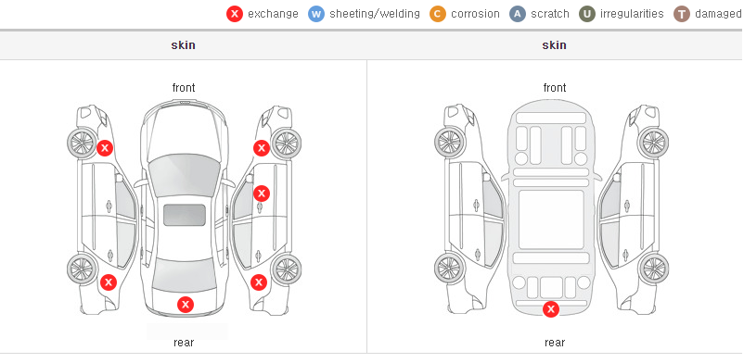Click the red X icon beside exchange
tap(235, 14)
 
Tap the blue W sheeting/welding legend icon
tap(316, 14)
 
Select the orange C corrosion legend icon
tap(438, 14)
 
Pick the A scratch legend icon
tap(518, 14)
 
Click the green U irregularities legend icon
tap(587, 14)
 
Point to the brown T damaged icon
tap(681, 14)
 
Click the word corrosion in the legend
tap(475, 14)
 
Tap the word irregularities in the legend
tap(632, 14)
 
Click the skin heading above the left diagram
tap(183, 45)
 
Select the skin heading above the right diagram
tap(554, 45)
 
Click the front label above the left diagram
tap(184, 88)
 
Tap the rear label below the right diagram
tap(555, 343)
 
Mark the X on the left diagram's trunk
tap(186, 305)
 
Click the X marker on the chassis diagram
tap(551, 309)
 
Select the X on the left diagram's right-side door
tap(262, 193)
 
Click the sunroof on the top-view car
tap(185, 215)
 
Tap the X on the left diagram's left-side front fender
tap(105, 148)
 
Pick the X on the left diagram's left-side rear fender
tap(109, 283)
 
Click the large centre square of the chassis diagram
tap(551, 219)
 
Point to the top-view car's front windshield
tap(185, 175)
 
